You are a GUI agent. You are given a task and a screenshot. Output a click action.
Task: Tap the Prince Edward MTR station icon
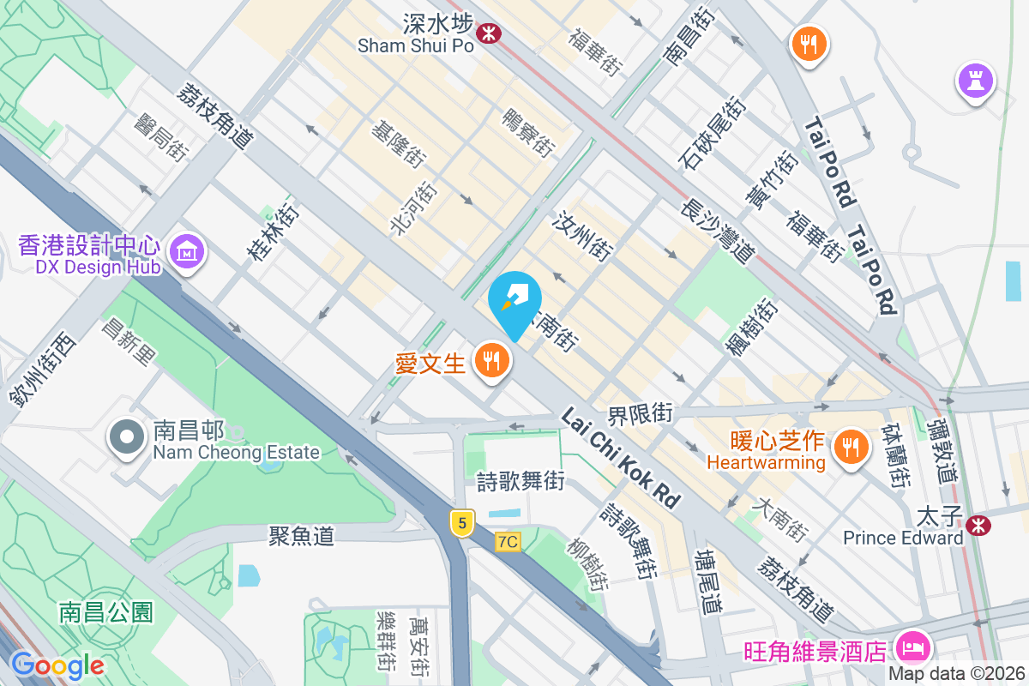978,525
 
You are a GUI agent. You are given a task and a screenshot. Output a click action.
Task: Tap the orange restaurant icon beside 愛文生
491,361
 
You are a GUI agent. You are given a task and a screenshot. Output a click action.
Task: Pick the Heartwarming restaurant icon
850,447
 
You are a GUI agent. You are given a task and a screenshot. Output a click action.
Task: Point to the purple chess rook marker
975,82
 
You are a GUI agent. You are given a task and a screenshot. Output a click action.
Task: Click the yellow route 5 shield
461,521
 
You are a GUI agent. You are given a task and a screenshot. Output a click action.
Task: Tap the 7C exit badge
508,542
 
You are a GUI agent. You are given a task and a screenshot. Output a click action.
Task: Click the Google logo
57,665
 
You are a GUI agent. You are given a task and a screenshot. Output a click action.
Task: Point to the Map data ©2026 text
955,674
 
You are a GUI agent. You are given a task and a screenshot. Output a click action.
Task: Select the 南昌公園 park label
106,612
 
